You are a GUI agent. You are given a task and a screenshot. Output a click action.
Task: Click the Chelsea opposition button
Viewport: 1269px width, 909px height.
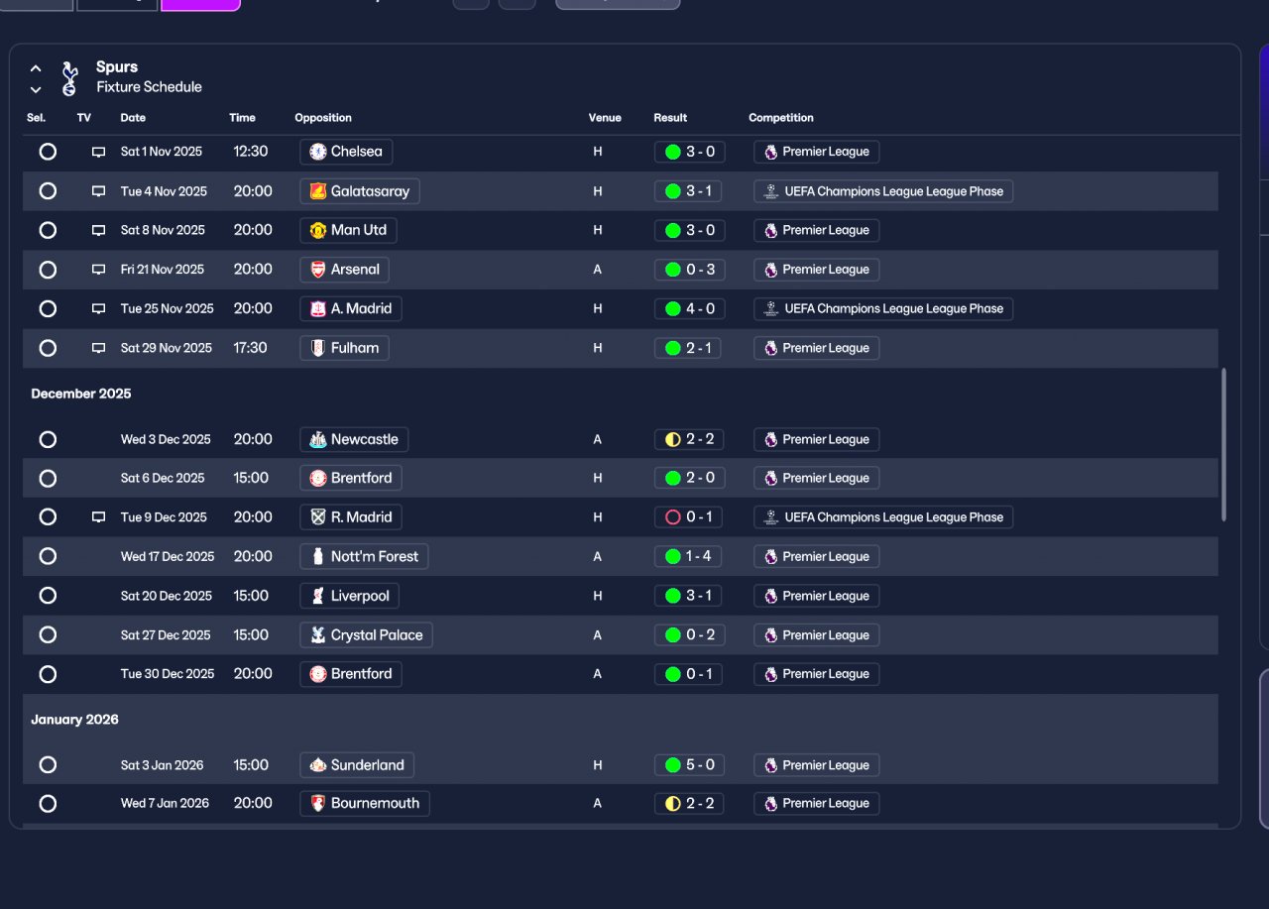[x=346, y=152]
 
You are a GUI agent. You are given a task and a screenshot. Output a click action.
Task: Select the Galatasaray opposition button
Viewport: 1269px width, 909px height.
[x=359, y=191]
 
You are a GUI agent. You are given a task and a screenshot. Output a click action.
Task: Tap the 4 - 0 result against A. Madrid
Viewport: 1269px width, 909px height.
[x=688, y=308]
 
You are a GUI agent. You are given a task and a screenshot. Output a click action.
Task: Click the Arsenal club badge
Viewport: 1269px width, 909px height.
[x=317, y=270]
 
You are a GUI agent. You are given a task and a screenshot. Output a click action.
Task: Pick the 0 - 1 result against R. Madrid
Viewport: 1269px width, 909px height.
[x=688, y=516]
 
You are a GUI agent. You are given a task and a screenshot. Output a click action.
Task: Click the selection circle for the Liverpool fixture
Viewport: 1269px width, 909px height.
[x=48, y=596]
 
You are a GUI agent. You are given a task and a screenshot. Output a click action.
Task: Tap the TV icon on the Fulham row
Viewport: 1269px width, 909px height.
[x=98, y=348]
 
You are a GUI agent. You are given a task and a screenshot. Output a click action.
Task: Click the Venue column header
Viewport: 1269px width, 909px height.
[x=605, y=118]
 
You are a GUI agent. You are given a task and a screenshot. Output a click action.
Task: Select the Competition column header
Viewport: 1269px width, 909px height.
[x=781, y=118]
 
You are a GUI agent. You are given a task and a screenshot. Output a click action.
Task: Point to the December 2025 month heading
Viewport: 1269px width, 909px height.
[x=81, y=394]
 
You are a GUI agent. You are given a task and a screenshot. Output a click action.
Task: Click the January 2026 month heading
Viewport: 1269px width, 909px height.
[x=74, y=720]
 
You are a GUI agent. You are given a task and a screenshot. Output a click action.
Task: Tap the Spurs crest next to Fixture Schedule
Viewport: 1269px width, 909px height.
[x=68, y=78]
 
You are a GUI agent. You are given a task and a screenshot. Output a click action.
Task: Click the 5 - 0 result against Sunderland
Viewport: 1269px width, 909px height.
[x=688, y=765]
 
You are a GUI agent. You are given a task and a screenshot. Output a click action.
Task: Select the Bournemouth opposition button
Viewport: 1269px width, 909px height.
[x=364, y=803]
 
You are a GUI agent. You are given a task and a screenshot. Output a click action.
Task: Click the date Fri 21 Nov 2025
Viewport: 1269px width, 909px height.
[x=163, y=270]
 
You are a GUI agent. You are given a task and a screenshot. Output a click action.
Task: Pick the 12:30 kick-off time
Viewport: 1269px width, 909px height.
[x=251, y=152]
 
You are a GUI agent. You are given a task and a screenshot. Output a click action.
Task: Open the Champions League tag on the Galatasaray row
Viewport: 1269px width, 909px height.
[x=882, y=191]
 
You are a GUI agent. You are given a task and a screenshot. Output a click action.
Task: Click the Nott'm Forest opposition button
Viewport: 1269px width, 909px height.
[x=364, y=556]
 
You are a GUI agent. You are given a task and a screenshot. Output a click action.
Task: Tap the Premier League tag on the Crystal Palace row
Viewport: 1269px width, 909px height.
[x=816, y=635]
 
